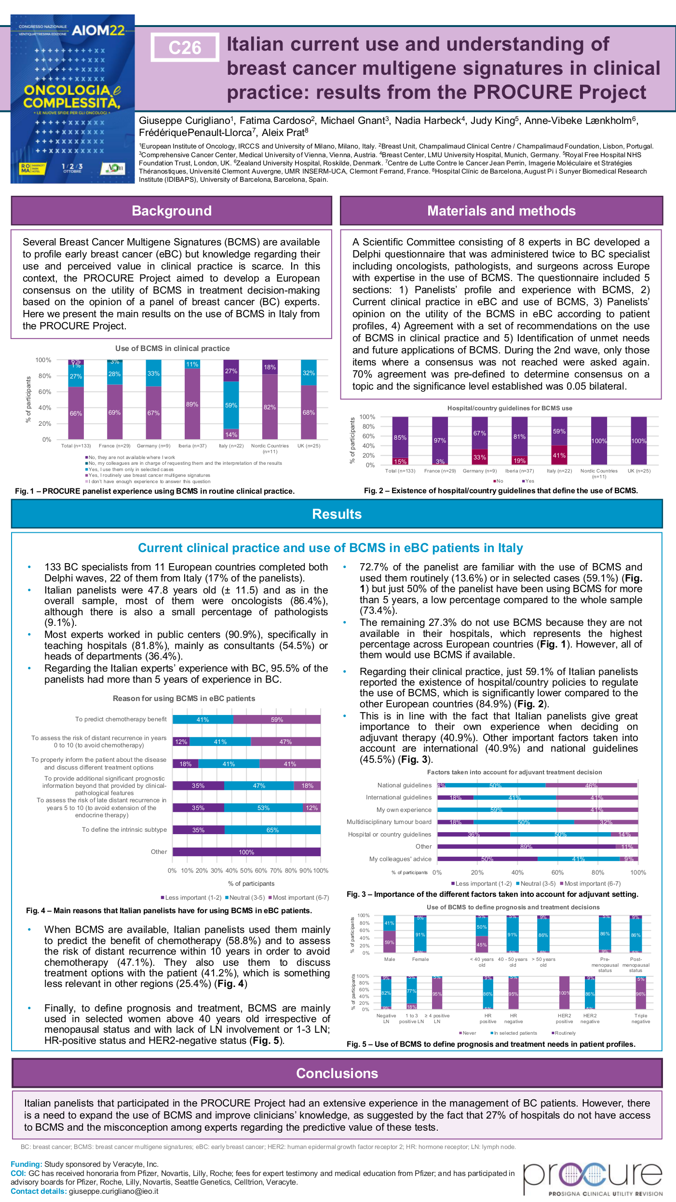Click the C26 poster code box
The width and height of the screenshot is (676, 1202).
pos(185,47)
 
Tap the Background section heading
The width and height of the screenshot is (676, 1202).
pos(172,211)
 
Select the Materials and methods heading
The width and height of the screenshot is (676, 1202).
pos(501,211)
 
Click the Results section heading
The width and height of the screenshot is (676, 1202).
pos(337,514)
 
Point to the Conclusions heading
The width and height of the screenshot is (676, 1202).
pos(337,1073)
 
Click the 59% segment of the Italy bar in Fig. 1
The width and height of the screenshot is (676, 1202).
pos(231,405)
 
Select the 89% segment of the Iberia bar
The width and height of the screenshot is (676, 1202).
pos(192,404)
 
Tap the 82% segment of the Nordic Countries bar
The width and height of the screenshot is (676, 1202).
pos(270,407)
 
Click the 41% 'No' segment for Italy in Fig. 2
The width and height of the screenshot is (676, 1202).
pos(559,455)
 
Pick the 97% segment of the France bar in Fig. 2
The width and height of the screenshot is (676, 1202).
pos(440,440)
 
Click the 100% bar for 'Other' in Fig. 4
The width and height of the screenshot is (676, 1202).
pos(246,852)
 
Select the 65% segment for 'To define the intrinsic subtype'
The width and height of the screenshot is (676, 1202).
pos(272,830)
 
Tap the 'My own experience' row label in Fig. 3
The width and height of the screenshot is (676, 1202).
pos(404,810)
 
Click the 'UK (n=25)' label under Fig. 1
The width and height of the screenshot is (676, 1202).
pos(309,446)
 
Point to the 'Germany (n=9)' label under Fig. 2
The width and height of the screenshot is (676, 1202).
pos(479,471)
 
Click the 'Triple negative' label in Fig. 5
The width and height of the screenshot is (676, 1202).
pos(641,1018)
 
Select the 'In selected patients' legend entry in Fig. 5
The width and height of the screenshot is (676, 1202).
pos(514,1033)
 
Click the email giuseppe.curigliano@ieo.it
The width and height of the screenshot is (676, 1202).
pos(113,1191)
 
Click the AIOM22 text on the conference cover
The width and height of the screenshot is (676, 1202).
pos(98,31)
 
